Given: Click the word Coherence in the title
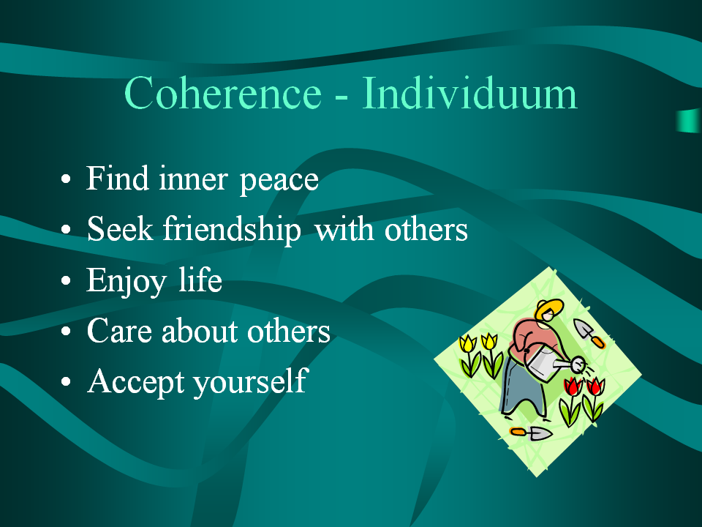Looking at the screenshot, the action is tap(223, 93).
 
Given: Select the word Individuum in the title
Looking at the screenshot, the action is tap(469, 92).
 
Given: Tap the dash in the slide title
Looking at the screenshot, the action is tap(341, 96).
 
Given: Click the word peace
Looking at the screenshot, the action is tap(279, 180).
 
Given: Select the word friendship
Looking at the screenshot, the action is tap(232, 229).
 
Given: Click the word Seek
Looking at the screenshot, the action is tap(120, 228).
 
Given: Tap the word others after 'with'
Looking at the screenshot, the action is tap(426, 229).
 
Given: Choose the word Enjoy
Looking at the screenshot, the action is tap(127, 281).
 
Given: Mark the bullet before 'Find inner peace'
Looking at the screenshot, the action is tap(66, 179).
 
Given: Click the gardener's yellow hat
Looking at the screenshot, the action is tap(549, 308).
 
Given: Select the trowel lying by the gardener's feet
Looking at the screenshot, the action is tap(531, 433).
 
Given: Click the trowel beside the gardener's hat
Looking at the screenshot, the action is tap(589, 333).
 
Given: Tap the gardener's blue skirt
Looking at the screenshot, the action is tap(519, 386).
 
